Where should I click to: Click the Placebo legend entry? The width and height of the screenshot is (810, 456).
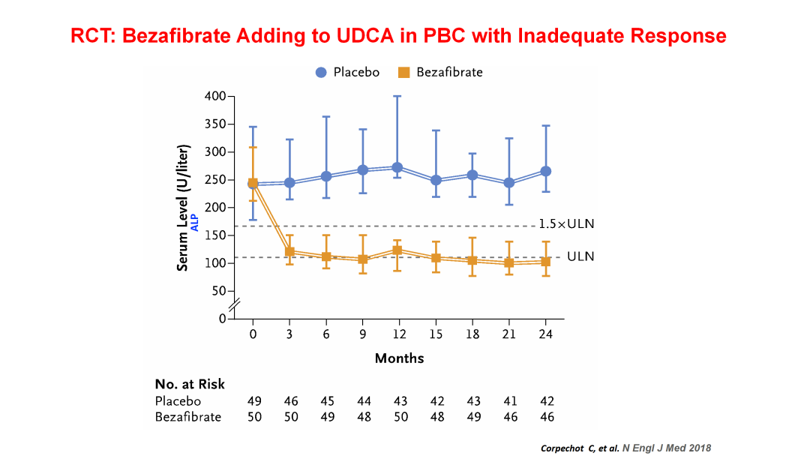(346, 73)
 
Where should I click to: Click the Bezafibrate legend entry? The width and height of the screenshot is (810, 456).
(440, 73)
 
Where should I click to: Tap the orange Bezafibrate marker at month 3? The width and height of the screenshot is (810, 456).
(289, 252)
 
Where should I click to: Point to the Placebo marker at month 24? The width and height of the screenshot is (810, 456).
(545, 171)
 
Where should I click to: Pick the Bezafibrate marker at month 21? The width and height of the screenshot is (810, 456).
(509, 263)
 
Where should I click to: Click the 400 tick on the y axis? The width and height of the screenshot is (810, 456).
(215, 97)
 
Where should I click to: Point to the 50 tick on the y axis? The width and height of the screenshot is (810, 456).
(218, 291)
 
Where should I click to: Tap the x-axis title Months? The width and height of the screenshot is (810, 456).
(399, 358)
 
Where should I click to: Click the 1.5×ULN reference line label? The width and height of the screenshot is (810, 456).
(566, 224)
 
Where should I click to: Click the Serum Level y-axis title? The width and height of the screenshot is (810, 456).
(182, 207)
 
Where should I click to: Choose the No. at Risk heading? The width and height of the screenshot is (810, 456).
(190, 385)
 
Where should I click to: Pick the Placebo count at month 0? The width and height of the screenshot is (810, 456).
(254, 401)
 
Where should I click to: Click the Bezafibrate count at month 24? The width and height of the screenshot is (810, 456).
(546, 416)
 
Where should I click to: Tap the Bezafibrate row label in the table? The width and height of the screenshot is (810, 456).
(188, 416)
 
